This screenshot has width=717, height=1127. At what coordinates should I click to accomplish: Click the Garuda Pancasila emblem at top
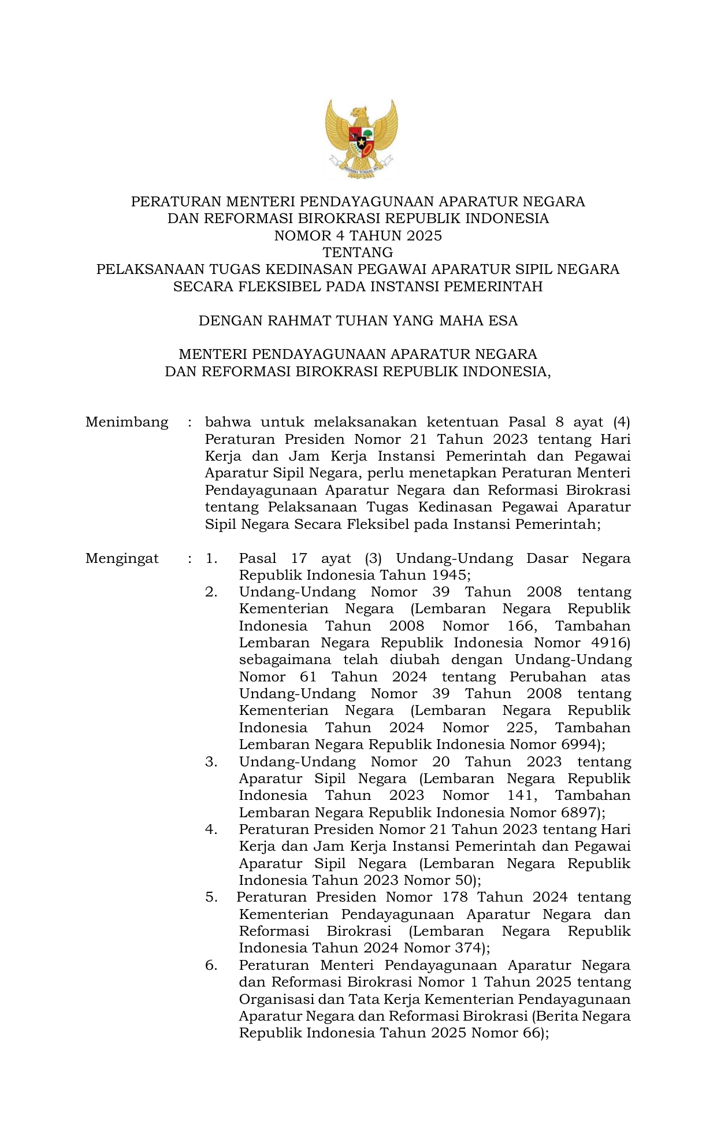[361, 139]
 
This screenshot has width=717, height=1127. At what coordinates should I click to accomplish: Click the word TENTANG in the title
[358, 253]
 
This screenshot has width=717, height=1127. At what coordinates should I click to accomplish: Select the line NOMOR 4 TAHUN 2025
[358, 236]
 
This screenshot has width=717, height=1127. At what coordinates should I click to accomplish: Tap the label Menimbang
[127, 422]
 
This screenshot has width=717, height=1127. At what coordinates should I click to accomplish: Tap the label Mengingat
[122, 558]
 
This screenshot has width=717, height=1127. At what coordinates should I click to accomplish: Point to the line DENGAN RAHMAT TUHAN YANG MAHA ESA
[358, 321]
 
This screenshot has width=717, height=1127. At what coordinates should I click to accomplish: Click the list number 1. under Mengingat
[211, 558]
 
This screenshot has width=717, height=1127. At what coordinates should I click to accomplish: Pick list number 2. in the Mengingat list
[211, 592]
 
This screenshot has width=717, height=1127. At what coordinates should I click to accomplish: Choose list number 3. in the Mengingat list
[211, 762]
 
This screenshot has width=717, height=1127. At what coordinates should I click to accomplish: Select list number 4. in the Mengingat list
[211, 830]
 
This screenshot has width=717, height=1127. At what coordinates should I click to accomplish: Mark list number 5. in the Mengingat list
[211, 898]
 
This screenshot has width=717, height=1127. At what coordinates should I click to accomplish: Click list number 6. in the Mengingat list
[211, 965]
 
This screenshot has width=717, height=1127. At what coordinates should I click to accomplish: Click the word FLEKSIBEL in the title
[277, 287]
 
